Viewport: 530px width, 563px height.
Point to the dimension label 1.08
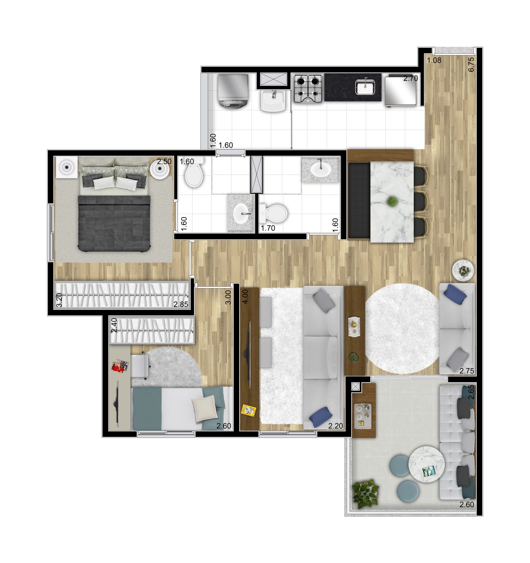(434, 60)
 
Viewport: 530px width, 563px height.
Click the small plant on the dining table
(391, 202)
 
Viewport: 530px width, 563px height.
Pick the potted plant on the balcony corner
(365, 493)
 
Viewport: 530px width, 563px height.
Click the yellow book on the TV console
(249, 410)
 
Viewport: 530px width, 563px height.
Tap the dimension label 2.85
(181, 304)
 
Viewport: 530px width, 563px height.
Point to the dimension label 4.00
(245, 296)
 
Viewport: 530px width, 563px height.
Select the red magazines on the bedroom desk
(120, 366)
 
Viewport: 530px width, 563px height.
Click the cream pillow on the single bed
(205, 408)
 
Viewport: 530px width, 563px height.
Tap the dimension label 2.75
(466, 371)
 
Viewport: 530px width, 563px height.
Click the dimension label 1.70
(268, 228)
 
